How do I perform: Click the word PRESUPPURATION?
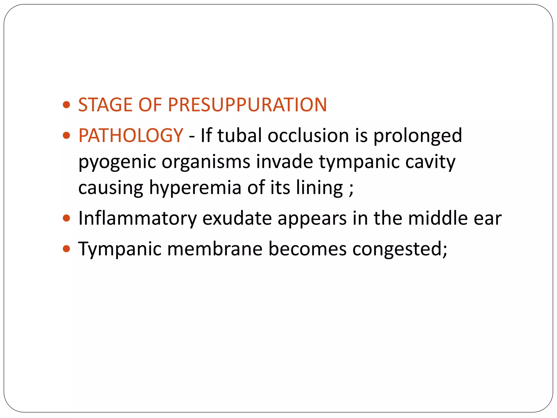click(247, 105)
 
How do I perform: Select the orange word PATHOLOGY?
click(131, 135)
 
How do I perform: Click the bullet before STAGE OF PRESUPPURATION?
click(66, 105)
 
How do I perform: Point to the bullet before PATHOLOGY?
click(66, 135)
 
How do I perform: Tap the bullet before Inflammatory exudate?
click(66, 218)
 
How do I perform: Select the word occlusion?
click(308, 135)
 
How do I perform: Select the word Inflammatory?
click(137, 219)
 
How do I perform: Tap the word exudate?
click(237, 219)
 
